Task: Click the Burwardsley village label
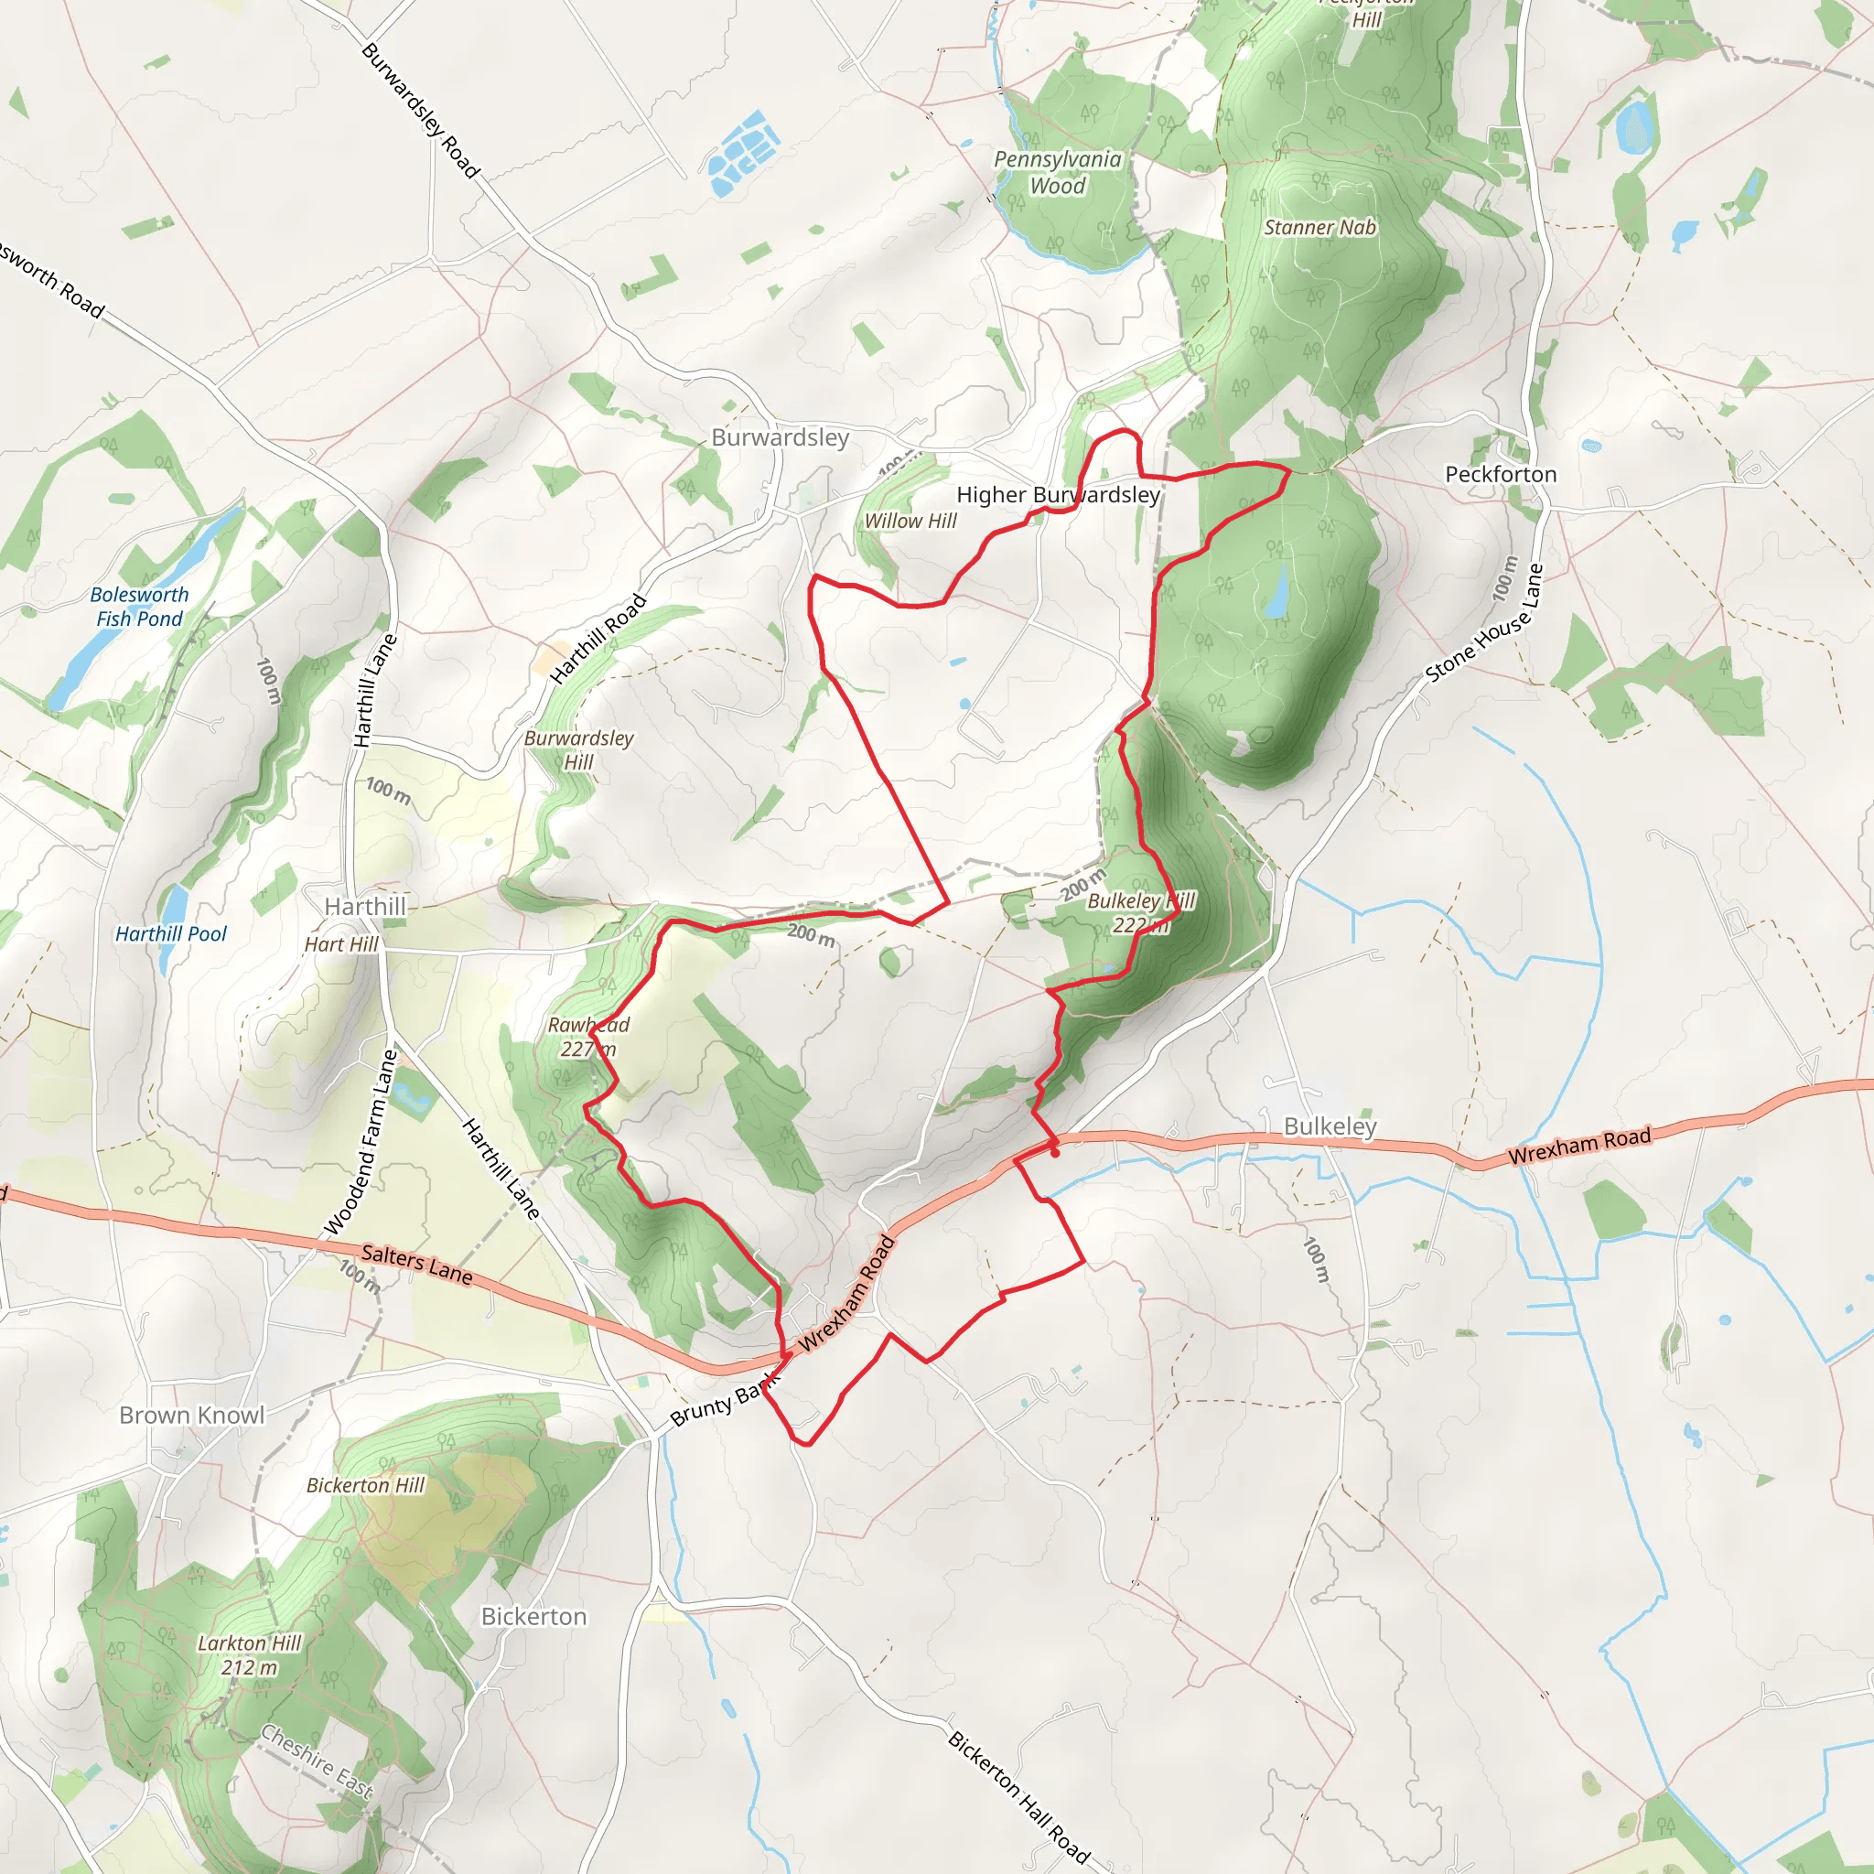(x=780, y=437)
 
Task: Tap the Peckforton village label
(x=1501, y=474)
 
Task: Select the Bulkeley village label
(x=1330, y=1126)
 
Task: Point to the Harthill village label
(x=365, y=906)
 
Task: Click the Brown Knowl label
(x=191, y=1416)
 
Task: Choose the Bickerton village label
(x=533, y=1616)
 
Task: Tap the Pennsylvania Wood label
(x=1057, y=173)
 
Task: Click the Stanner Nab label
(x=1320, y=227)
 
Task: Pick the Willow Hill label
(x=910, y=521)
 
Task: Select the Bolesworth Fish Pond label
(x=139, y=607)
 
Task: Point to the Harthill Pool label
(x=171, y=934)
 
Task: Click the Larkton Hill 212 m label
(x=249, y=1654)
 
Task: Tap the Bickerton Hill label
(x=366, y=1485)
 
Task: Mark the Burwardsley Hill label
(x=578, y=749)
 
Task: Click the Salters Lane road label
(x=417, y=1265)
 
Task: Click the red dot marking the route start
(x=1054, y=1153)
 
